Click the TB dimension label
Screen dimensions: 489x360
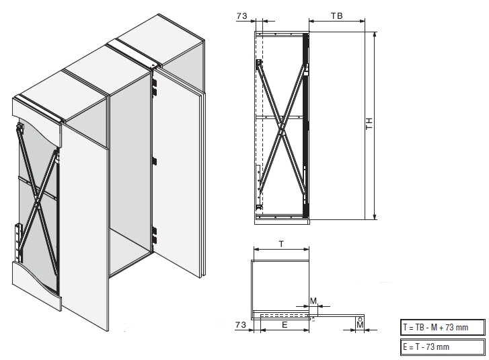(x=336, y=15)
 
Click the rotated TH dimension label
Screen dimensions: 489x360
(x=369, y=124)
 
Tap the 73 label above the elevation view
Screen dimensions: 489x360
(x=241, y=16)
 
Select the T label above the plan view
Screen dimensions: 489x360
(x=281, y=244)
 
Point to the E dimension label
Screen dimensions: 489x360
(x=285, y=325)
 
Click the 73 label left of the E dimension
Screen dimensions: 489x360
(x=240, y=325)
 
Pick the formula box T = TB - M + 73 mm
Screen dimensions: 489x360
(x=443, y=327)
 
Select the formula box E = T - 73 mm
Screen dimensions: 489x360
(x=443, y=347)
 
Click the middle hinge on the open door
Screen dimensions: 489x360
(x=154, y=161)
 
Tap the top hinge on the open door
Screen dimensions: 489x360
(x=154, y=87)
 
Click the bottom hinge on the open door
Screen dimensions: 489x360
(x=154, y=235)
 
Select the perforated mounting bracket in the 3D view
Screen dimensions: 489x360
(x=19, y=242)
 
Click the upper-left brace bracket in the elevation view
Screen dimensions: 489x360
(x=258, y=64)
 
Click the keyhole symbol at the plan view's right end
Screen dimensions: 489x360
(x=360, y=319)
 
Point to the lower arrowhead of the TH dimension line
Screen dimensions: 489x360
(x=375, y=217)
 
